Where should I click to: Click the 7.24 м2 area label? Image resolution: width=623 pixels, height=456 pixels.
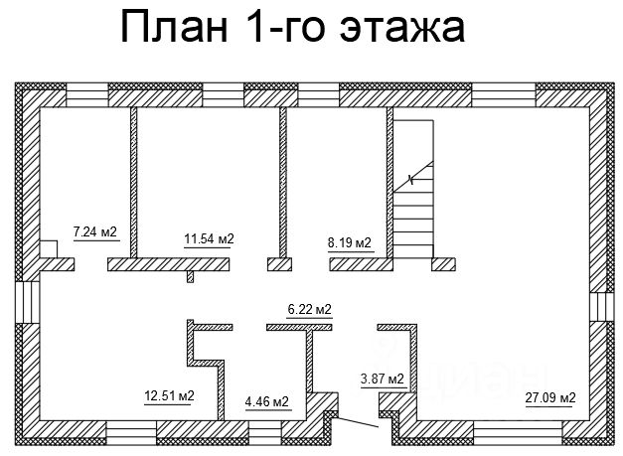(x=95, y=232)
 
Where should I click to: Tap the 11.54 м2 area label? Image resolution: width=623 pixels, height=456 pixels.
(x=209, y=238)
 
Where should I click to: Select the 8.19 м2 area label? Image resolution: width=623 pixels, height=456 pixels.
(x=349, y=242)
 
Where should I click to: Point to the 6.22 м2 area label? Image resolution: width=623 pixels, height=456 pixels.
(x=309, y=310)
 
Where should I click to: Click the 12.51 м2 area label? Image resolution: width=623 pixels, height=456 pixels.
(x=169, y=396)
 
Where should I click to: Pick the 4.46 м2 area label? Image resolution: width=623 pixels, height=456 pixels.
(x=266, y=401)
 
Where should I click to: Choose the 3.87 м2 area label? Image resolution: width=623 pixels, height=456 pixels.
(x=382, y=379)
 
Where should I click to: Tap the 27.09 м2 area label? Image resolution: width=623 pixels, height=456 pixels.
(x=550, y=398)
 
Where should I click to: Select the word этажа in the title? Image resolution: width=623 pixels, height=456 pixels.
(x=408, y=27)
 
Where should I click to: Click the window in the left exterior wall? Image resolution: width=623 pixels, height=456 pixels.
(x=27, y=303)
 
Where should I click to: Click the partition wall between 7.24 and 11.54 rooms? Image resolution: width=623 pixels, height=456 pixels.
(x=134, y=184)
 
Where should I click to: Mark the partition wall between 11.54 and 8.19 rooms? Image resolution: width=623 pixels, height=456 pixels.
(x=283, y=184)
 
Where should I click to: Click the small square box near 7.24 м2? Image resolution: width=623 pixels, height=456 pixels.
(x=48, y=248)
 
